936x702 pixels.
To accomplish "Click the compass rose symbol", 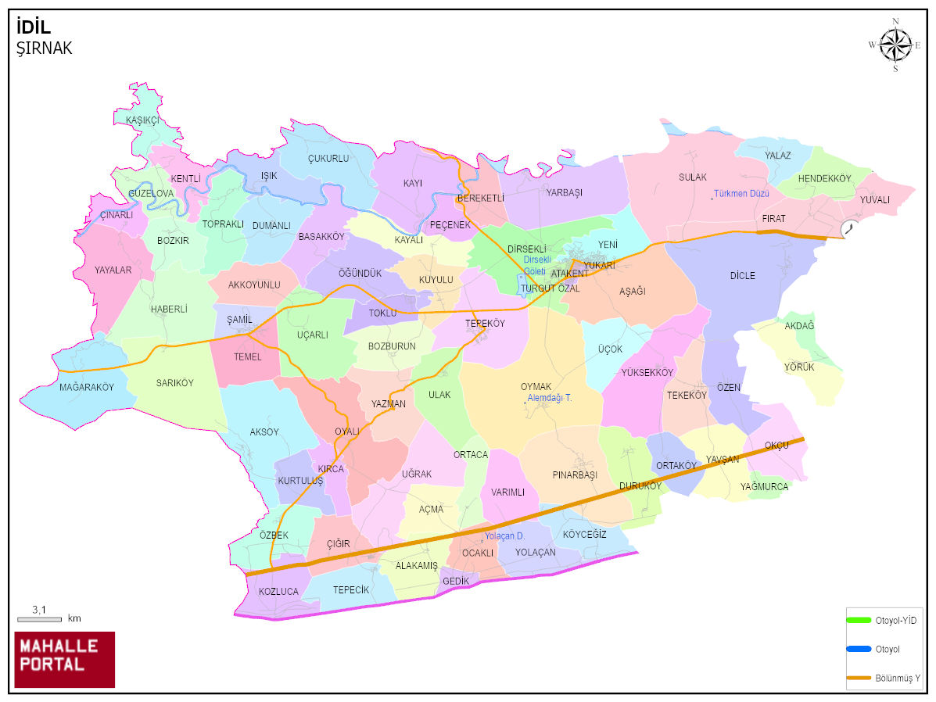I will pyautogui.click(x=895, y=45).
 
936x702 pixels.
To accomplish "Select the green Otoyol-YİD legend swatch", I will pyautogui.click(x=859, y=620).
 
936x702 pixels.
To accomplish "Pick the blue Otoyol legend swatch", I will pyautogui.click(x=859, y=649).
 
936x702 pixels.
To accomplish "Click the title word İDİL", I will pyautogui.click(x=34, y=28).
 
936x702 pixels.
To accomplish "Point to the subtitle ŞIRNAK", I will pyautogui.click(x=44, y=48).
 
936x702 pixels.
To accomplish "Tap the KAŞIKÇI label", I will pyautogui.click(x=142, y=120).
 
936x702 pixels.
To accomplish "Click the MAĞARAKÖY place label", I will pyautogui.click(x=87, y=387).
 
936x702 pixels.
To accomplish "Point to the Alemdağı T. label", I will pyautogui.click(x=550, y=398).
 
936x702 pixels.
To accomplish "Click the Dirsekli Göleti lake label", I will pyautogui.click(x=537, y=264).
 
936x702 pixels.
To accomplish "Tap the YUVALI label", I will pyautogui.click(x=875, y=199).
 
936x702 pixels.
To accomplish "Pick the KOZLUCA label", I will pyautogui.click(x=278, y=592).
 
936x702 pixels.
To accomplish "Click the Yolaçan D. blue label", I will pyautogui.click(x=504, y=535).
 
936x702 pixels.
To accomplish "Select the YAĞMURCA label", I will pyautogui.click(x=764, y=486).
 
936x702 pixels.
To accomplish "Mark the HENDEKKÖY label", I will pyautogui.click(x=824, y=179).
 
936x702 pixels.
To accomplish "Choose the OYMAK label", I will pyautogui.click(x=536, y=387).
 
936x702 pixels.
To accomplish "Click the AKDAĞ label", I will pyautogui.click(x=799, y=325).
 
